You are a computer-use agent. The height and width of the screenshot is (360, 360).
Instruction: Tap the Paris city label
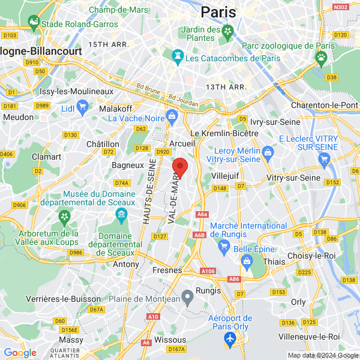coord(218,11)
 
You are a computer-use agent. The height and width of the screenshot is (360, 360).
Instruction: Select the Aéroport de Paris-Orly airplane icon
coord(229,340)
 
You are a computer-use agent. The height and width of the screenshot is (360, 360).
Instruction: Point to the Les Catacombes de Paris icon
coord(178,58)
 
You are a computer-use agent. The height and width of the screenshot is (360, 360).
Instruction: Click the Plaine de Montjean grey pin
coord(188,296)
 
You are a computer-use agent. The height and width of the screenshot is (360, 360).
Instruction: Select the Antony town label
coord(126,264)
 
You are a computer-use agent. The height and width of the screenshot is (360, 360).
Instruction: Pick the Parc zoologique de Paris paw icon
coord(322,57)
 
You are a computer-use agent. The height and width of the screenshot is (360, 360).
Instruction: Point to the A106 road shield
coord(208,271)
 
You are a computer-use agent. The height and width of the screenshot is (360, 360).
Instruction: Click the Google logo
coord(20,353)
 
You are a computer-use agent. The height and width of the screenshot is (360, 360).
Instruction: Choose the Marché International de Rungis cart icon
coord(224,245)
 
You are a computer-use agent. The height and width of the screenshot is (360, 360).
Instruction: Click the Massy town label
coord(71,340)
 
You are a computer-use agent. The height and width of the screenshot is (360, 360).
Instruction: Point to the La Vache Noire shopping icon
coord(172,115)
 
